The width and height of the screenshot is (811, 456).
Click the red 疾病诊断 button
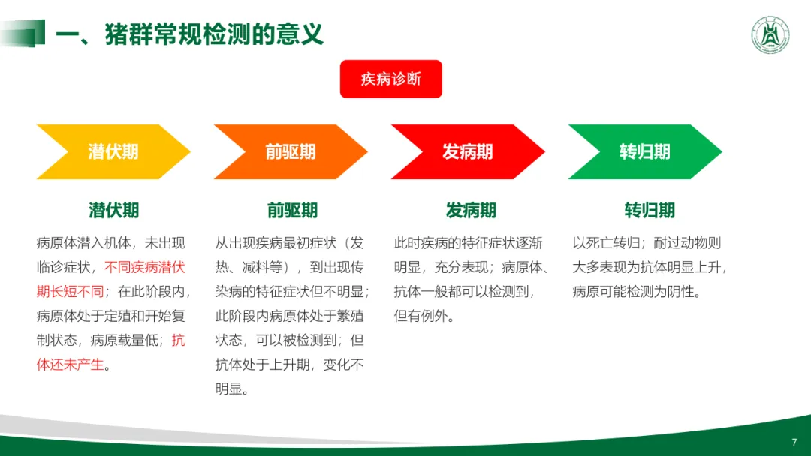390,79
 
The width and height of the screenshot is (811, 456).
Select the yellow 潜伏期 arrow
113,151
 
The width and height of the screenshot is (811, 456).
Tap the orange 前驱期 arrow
290,151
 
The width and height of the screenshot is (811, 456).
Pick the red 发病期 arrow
467,151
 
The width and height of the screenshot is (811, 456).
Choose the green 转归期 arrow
644,151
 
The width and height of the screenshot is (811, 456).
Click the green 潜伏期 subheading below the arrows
113,210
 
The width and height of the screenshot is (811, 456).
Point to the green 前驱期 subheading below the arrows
291,210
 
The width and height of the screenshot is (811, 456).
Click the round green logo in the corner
770,34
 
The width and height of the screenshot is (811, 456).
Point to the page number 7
794,442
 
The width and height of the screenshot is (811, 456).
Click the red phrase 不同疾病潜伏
144,267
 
